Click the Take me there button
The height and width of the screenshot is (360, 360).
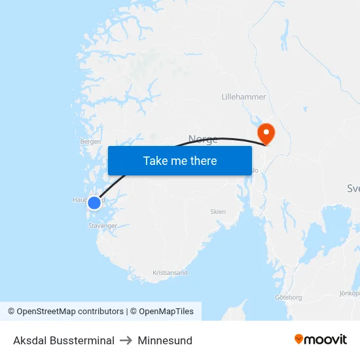(179, 160)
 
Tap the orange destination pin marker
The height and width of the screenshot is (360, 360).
(266, 133)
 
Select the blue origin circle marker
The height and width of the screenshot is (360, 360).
(94, 203)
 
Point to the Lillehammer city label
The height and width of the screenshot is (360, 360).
(243, 97)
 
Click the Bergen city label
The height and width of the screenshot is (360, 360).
(90, 141)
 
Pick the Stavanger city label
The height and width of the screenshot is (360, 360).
(102, 226)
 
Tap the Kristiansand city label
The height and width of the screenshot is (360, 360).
(170, 272)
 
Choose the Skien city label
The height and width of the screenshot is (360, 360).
(218, 211)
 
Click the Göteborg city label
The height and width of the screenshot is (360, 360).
(288, 297)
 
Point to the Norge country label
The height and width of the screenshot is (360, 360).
(203, 139)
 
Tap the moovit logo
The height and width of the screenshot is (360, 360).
(321, 340)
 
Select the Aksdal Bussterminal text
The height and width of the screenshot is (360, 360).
(63, 340)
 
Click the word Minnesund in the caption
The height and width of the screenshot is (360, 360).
(165, 340)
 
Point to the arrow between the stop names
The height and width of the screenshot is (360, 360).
(126, 340)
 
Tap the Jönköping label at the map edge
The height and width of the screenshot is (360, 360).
(350, 293)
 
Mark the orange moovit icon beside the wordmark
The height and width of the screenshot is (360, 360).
(299, 339)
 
